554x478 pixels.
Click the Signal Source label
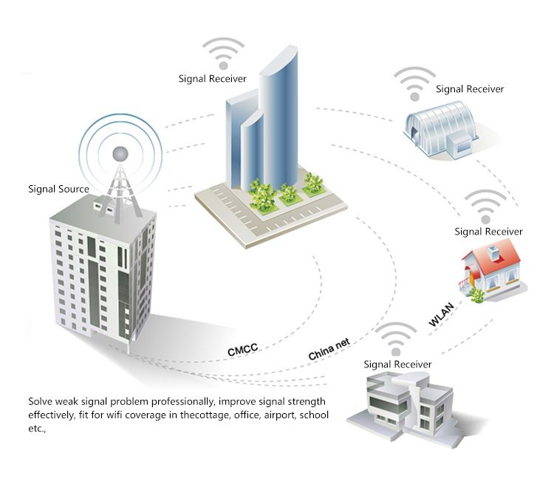58,189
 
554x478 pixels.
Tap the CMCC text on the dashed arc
243,349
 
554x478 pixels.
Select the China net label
329,349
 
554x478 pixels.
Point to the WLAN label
441,314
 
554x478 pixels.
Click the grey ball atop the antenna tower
120,154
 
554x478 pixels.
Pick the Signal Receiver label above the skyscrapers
212,79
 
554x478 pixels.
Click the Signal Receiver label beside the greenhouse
470,89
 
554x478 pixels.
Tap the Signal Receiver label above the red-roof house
488,232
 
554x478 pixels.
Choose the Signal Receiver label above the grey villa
397,364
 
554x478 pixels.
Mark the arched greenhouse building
441,129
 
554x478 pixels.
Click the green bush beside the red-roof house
477,296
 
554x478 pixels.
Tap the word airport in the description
279,415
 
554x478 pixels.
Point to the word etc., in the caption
37,429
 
